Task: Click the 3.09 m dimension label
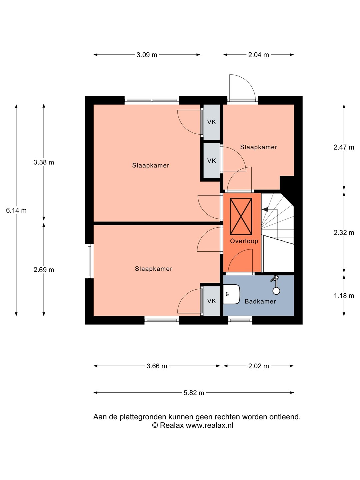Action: [147, 55]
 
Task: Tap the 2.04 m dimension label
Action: [258, 55]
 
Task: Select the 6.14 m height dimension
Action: [16, 210]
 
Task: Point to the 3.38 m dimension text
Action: [43, 162]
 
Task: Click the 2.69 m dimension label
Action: [44, 270]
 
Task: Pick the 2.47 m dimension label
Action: [344, 147]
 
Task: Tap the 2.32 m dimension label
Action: [344, 232]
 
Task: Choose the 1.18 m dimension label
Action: [344, 296]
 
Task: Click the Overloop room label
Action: [244, 241]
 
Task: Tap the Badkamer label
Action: [260, 301]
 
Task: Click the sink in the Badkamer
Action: [231, 294]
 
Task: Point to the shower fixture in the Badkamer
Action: [276, 285]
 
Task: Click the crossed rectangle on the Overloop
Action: [241, 216]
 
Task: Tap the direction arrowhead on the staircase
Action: [265, 209]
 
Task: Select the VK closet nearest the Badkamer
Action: [211, 301]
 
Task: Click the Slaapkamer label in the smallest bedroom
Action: [259, 147]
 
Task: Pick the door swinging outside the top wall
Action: [242, 87]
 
